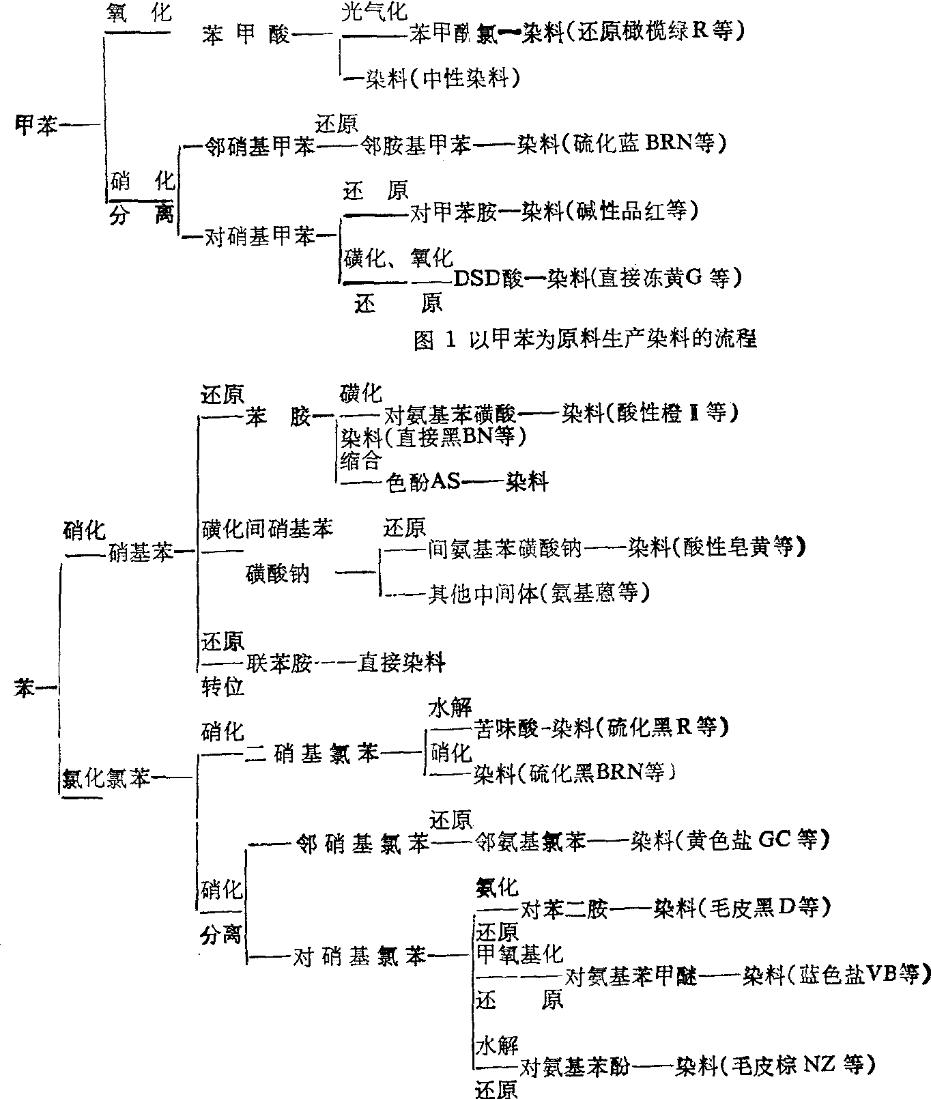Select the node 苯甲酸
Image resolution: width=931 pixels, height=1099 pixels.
coord(246,35)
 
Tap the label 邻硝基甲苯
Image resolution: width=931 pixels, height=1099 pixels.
coord(259,146)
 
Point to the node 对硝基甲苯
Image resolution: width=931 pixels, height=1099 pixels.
coord(260,236)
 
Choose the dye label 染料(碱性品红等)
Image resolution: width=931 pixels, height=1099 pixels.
coord(610,211)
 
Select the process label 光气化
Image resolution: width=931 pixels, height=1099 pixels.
coord(373,11)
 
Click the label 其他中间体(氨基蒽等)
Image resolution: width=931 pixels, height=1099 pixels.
coord(539,593)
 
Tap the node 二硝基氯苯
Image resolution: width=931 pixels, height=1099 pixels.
coord(311,754)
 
